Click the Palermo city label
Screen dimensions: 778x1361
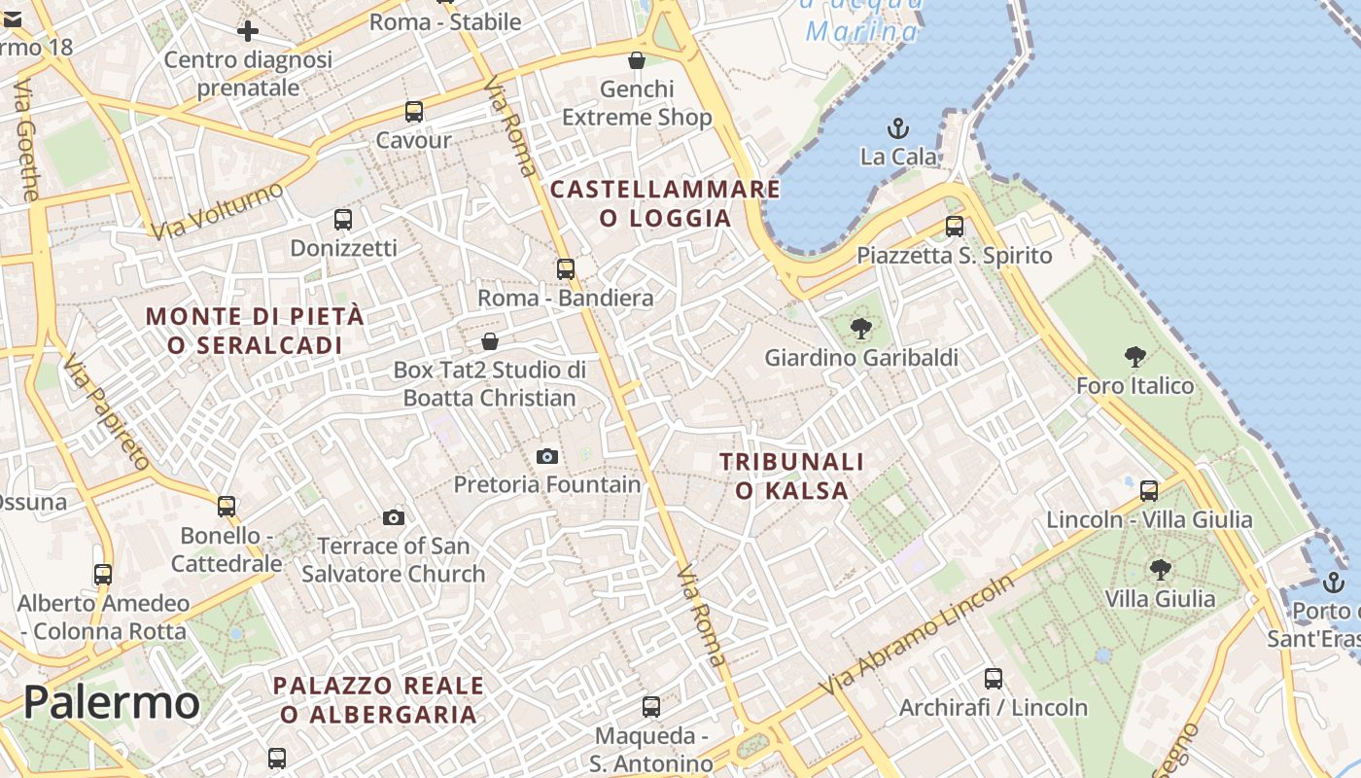(x=111, y=702)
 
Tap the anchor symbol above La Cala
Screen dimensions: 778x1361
(x=898, y=127)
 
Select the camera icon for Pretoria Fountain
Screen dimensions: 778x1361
(x=547, y=456)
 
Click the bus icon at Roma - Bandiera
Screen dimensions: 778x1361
(x=566, y=268)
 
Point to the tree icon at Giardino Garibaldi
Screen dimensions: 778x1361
(x=860, y=329)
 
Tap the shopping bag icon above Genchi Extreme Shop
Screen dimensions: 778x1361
(x=637, y=60)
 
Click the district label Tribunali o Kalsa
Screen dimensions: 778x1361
(x=791, y=476)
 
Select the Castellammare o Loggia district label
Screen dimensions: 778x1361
(x=666, y=203)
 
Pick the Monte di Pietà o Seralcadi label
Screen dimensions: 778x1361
(x=255, y=331)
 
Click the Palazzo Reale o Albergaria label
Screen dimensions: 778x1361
(x=378, y=699)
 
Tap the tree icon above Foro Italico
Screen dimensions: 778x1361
(x=1134, y=357)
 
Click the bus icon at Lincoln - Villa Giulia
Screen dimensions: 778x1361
(x=1149, y=490)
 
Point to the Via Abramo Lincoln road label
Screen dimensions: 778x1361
(x=917, y=635)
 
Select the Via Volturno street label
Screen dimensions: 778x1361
(x=217, y=210)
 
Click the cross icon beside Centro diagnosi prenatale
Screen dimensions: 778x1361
(x=248, y=31)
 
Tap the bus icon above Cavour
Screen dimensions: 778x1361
(x=414, y=111)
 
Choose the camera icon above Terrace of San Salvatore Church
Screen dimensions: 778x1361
(x=394, y=517)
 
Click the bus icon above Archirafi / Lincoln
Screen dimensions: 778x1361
(x=993, y=678)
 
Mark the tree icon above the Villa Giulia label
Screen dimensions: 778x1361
(x=1160, y=569)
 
